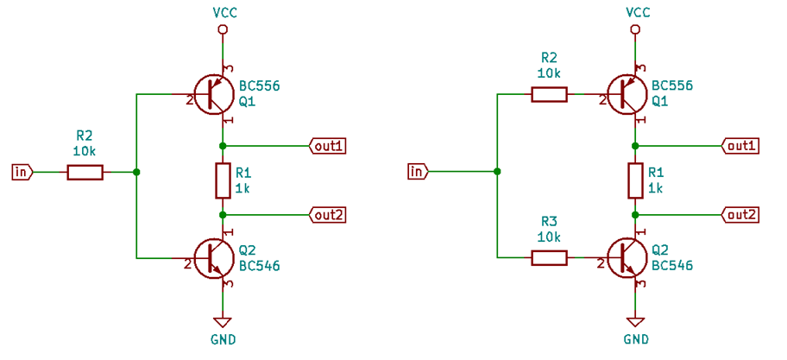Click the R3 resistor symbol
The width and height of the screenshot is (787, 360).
coord(549,257)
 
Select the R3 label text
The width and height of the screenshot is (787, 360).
coord(549,221)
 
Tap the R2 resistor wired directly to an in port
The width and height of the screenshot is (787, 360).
coord(85,173)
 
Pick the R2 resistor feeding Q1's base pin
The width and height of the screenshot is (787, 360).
coord(549,94)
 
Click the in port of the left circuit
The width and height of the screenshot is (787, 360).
coord(22,173)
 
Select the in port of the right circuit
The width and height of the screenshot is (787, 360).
coord(417,172)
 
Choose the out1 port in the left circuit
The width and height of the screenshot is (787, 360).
coord(328,146)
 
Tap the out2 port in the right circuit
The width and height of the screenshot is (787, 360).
coord(740,214)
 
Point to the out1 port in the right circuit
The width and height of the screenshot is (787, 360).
coord(740,146)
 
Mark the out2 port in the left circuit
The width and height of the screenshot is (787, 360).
coord(328,214)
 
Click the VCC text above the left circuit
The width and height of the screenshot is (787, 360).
coord(224,12)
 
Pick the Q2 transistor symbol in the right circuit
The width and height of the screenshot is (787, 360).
coord(625,257)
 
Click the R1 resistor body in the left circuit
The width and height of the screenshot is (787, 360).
coord(223,180)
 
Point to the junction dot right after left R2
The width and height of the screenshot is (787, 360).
coord(136,173)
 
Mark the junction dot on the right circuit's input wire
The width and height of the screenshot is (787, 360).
coord(497,172)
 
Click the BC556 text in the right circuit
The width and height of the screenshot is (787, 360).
coord(672,86)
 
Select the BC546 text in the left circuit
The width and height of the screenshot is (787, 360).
coord(260,265)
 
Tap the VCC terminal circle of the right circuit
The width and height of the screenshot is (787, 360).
coord(636,30)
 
